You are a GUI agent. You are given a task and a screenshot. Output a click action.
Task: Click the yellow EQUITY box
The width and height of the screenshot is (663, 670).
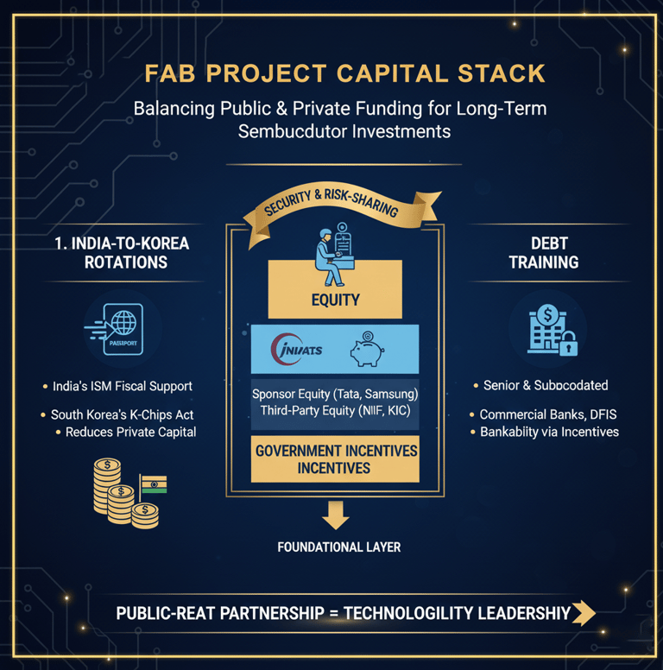tap(335, 300)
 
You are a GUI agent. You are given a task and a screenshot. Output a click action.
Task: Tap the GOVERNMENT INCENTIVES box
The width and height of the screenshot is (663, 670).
tap(335, 459)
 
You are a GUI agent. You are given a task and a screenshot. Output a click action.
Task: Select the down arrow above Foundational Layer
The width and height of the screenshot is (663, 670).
tap(334, 515)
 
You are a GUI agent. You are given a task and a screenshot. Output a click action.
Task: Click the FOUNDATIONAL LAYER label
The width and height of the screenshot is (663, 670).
tap(338, 547)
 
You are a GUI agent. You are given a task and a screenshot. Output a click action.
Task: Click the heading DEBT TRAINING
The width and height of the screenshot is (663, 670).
tap(544, 253)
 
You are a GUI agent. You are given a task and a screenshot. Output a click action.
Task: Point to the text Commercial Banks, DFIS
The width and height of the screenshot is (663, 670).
tap(548, 414)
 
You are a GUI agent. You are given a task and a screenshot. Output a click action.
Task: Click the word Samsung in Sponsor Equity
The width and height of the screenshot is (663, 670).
tap(387, 394)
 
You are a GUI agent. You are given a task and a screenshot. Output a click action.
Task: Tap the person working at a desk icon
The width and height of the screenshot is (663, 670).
tap(333, 256)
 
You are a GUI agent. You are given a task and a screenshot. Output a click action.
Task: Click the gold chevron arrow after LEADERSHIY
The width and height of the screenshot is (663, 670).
tap(584, 613)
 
